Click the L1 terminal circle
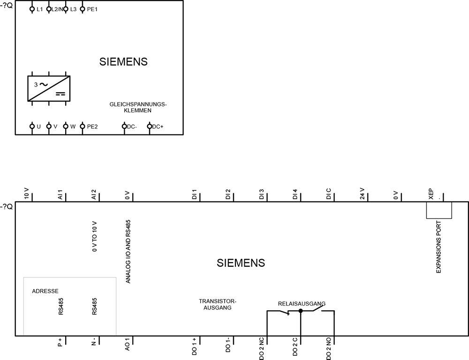[x=32, y=9]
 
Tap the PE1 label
[x=92, y=9]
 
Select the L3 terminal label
[x=73, y=9]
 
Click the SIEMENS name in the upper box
[x=123, y=61]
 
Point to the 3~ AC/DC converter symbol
[x=49, y=89]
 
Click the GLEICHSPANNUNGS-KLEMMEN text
[x=138, y=107]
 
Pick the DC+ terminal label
[x=158, y=127]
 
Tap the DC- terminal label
[x=132, y=127]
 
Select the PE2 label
[x=92, y=127]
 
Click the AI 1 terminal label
[x=60, y=195]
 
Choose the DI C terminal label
[x=328, y=194]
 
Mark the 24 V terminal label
[x=362, y=194]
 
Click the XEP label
[x=431, y=194]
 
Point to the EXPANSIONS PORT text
[x=439, y=247]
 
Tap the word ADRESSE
[x=45, y=291]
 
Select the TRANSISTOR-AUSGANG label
[x=218, y=304]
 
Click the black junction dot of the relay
[x=301, y=311]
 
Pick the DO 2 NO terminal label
[x=328, y=349]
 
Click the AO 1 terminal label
[x=127, y=345]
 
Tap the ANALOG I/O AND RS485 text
[x=128, y=252]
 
